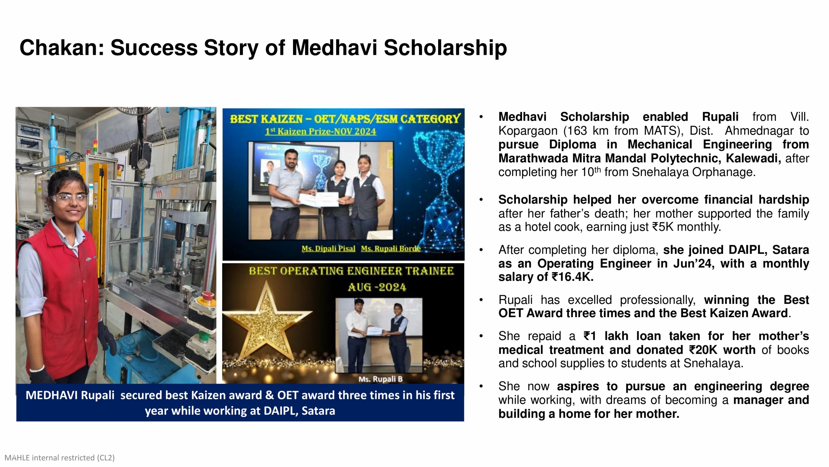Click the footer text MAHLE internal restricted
(x=60, y=458)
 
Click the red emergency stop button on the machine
(x=207, y=295)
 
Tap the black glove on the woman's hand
(x=107, y=342)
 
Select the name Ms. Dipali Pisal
(x=328, y=249)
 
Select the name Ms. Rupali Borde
(x=391, y=249)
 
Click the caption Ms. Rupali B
(x=380, y=379)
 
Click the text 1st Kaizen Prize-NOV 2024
(x=320, y=131)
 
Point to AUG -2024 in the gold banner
(x=376, y=287)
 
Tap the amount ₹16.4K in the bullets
(x=572, y=277)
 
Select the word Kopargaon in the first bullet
(x=528, y=131)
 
